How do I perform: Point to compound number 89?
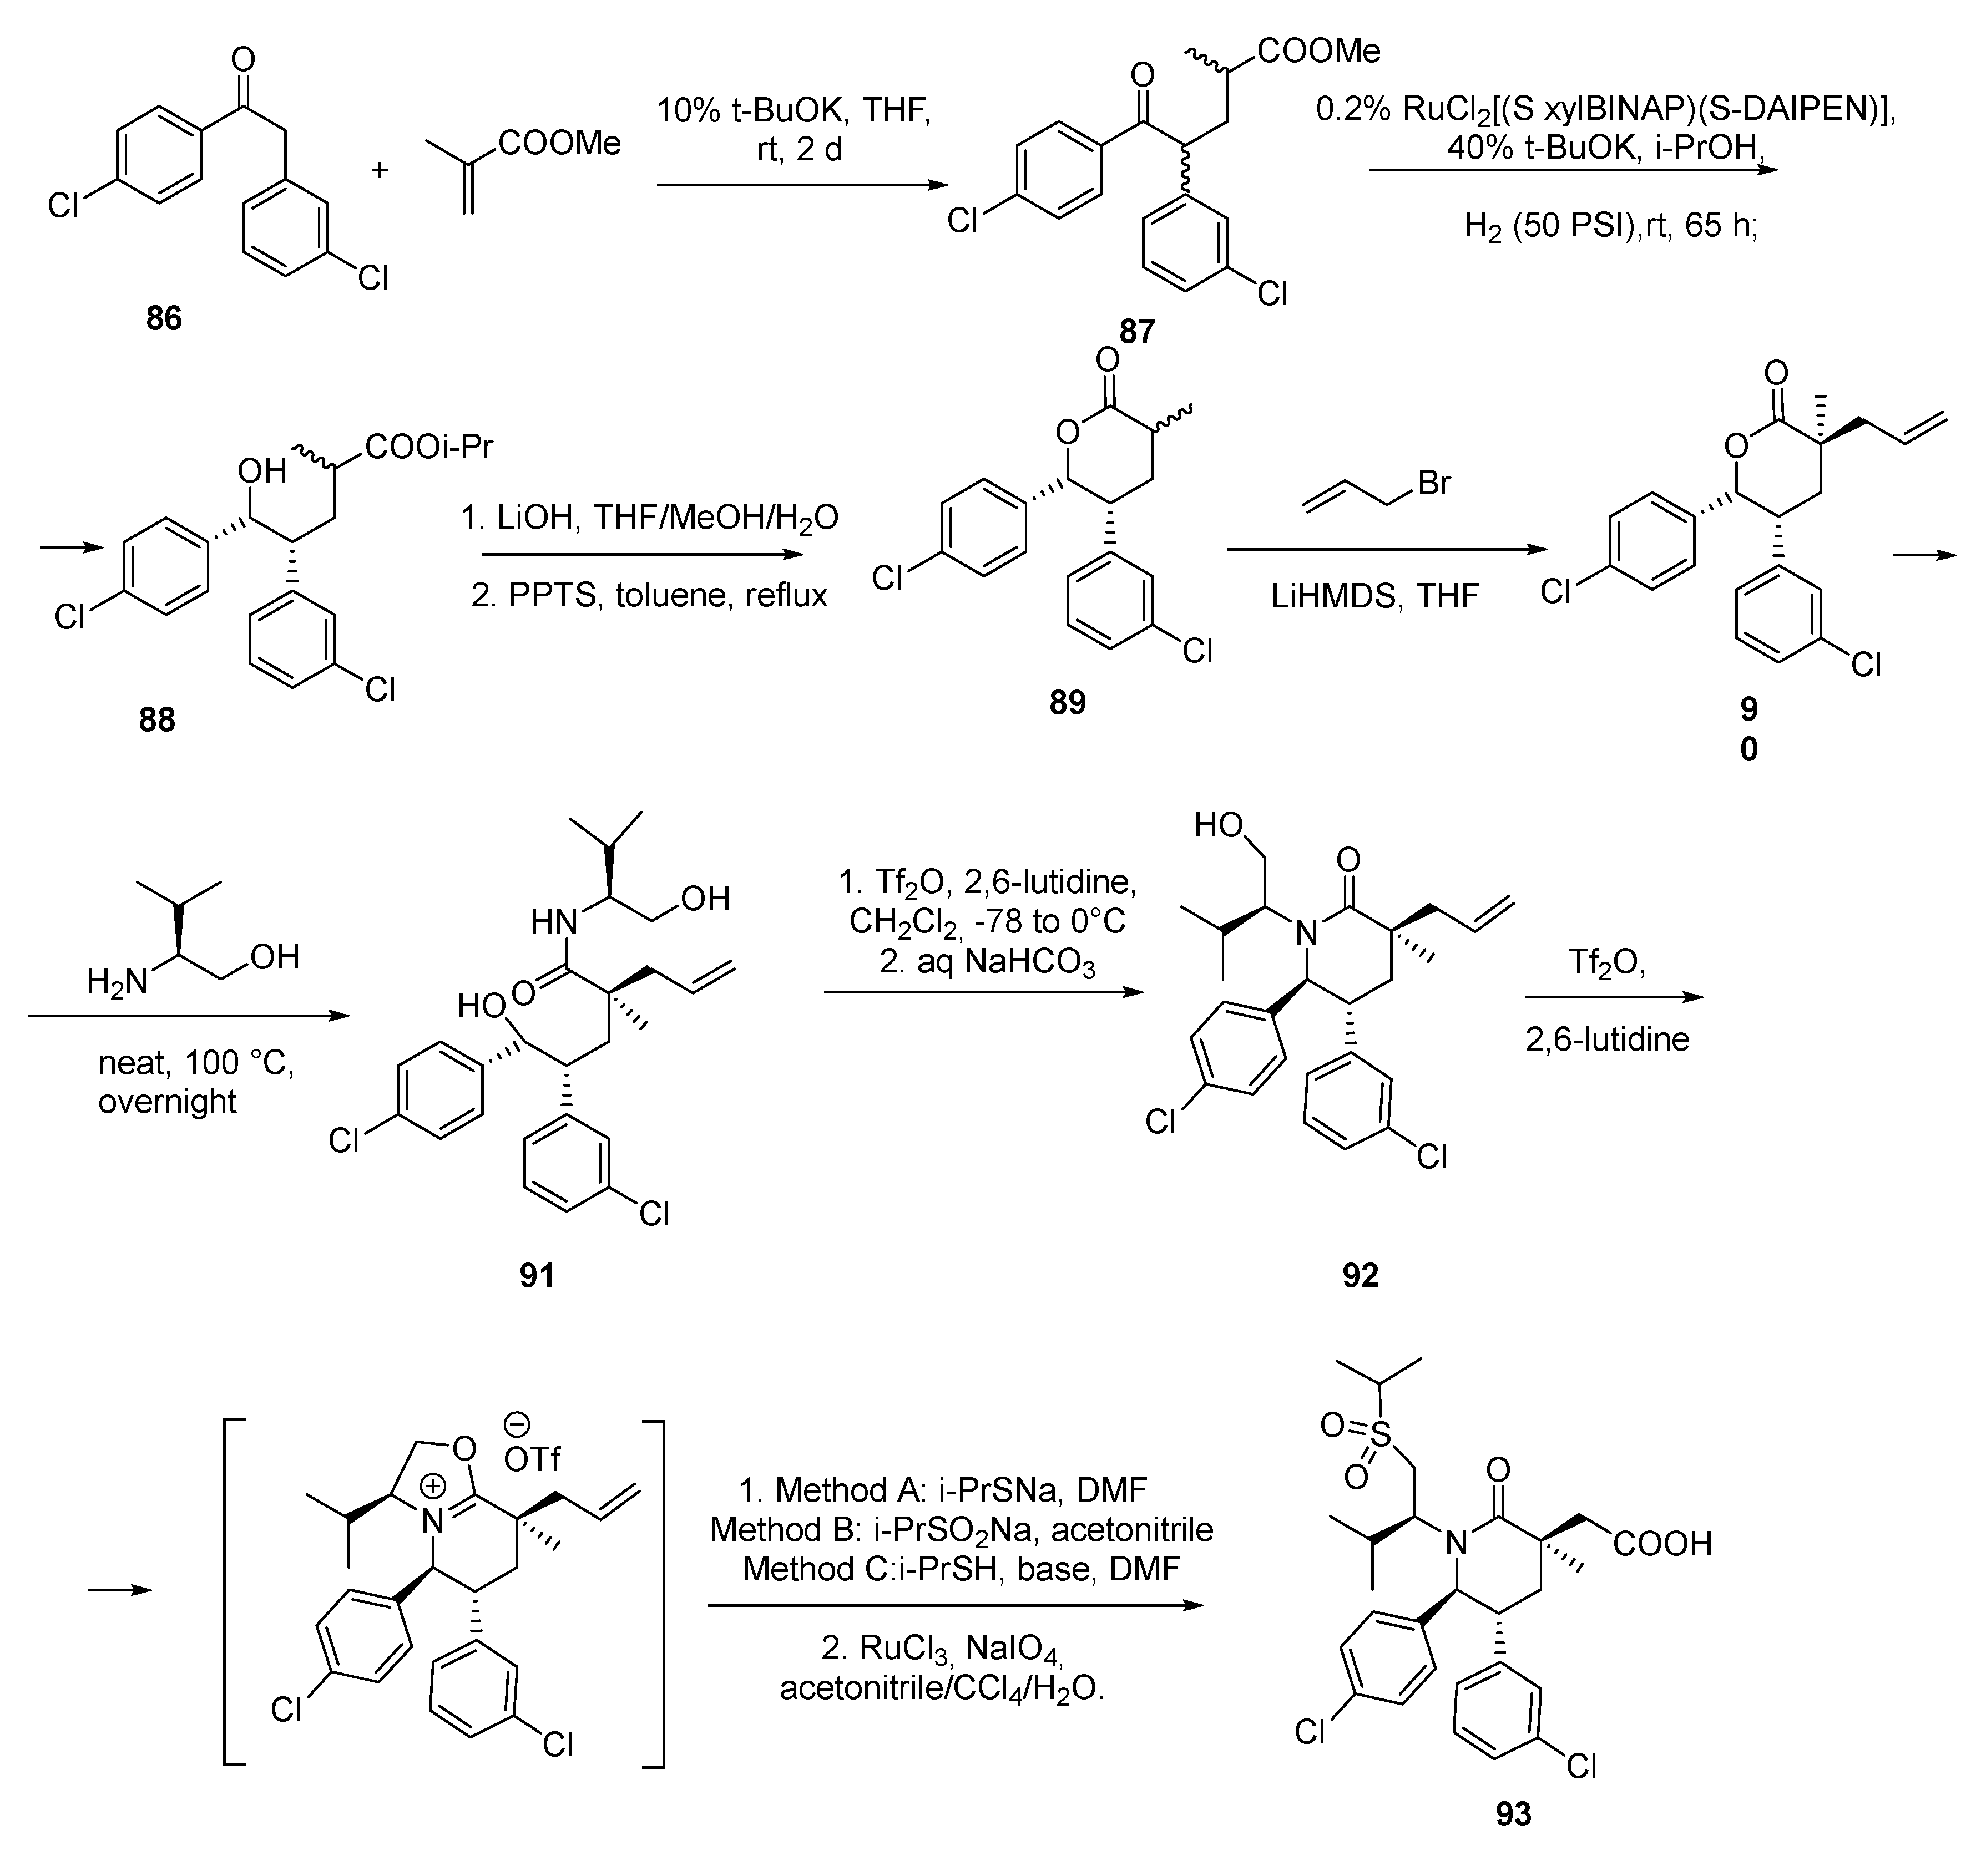coord(1067,702)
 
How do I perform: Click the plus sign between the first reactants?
coord(380,170)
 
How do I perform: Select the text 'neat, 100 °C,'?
coord(196,1063)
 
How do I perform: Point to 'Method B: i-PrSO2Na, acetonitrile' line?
coord(961,1529)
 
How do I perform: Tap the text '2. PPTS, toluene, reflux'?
coord(649,595)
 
